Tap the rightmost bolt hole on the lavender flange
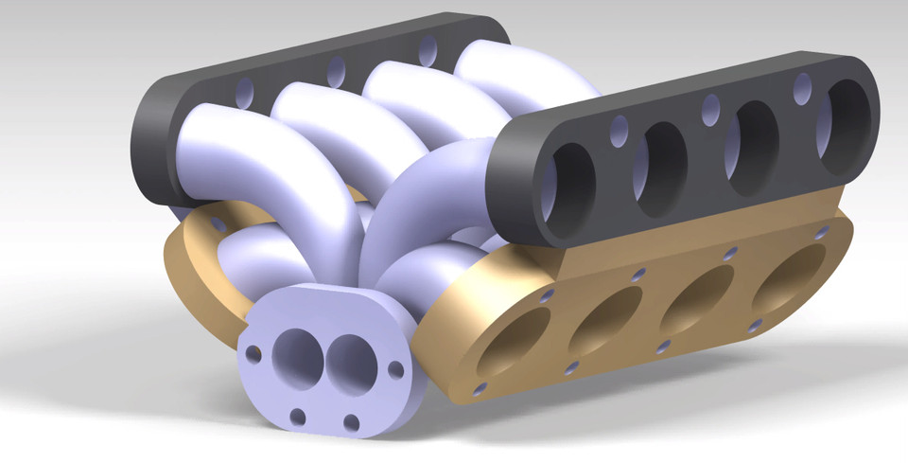395,368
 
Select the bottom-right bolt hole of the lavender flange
352,422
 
